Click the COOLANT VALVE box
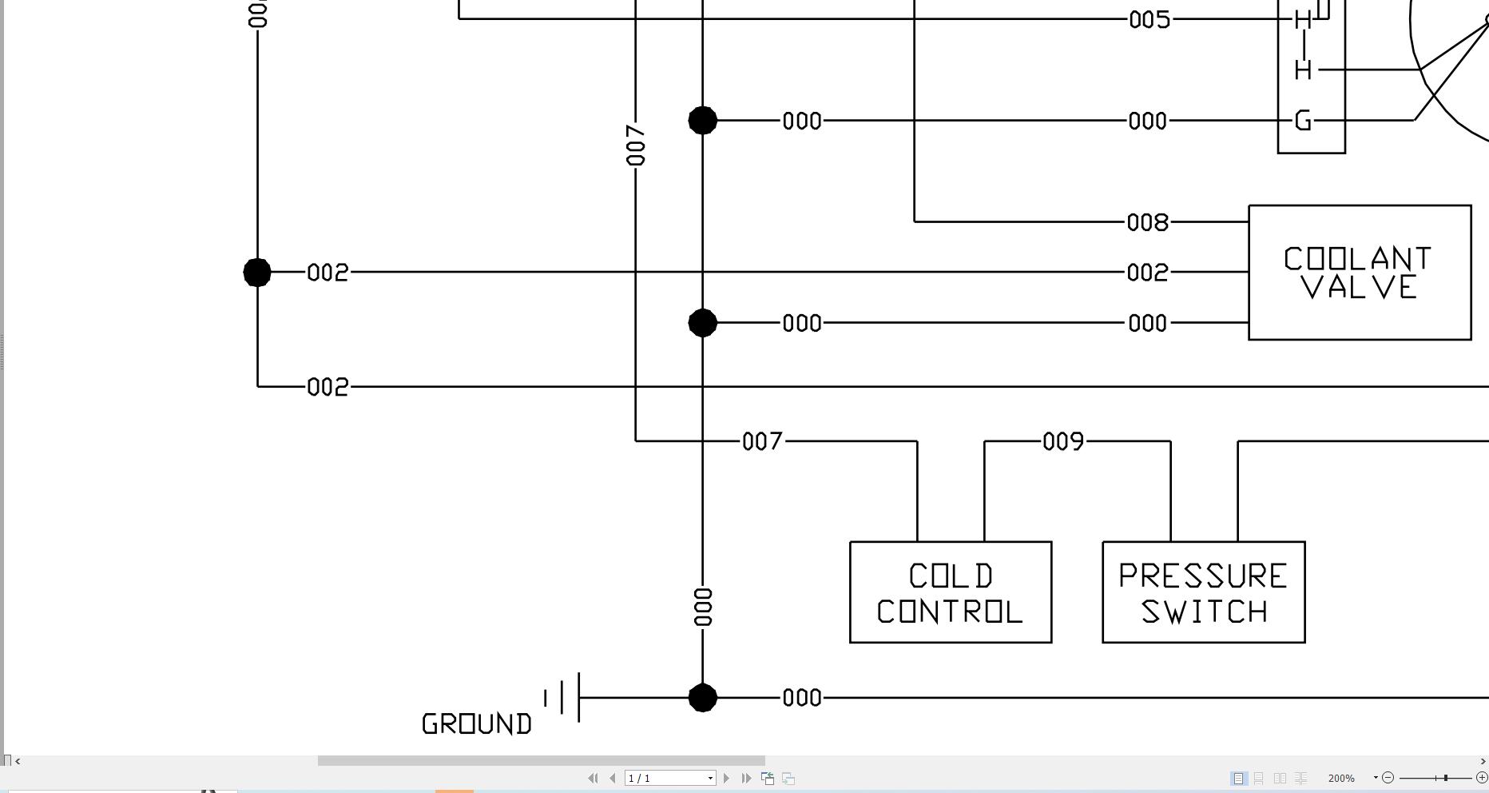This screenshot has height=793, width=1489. [x=1360, y=273]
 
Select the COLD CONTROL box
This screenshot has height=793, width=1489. [x=950, y=592]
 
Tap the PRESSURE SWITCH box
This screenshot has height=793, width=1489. [x=1203, y=592]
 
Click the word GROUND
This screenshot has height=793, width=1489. [x=476, y=724]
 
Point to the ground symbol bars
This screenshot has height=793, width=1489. [x=564, y=697]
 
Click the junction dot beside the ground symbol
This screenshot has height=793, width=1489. [x=702, y=697]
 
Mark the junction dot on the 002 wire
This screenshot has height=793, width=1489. [x=257, y=273]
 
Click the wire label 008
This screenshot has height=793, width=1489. [x=1147, y=222]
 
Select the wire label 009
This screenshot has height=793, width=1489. [x=1063, y=441]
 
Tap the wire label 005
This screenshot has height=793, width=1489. [x=1150, y=19]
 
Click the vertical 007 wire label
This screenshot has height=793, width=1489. [x=636, y=145]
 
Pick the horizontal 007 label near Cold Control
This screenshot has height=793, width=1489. [x=762, y=441]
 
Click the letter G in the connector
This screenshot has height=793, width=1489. [x=1303, y=121]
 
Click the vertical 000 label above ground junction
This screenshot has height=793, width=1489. [x=703, y=607]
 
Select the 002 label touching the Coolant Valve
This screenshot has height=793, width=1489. [x=1147, y=273]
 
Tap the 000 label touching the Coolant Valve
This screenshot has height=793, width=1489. [x=1147, y=323]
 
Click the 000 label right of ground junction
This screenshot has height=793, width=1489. [x=802, y=698]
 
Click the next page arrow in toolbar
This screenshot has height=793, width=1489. [x=726, y=778]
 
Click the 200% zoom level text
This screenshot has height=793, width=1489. [x=1340, y=778]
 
